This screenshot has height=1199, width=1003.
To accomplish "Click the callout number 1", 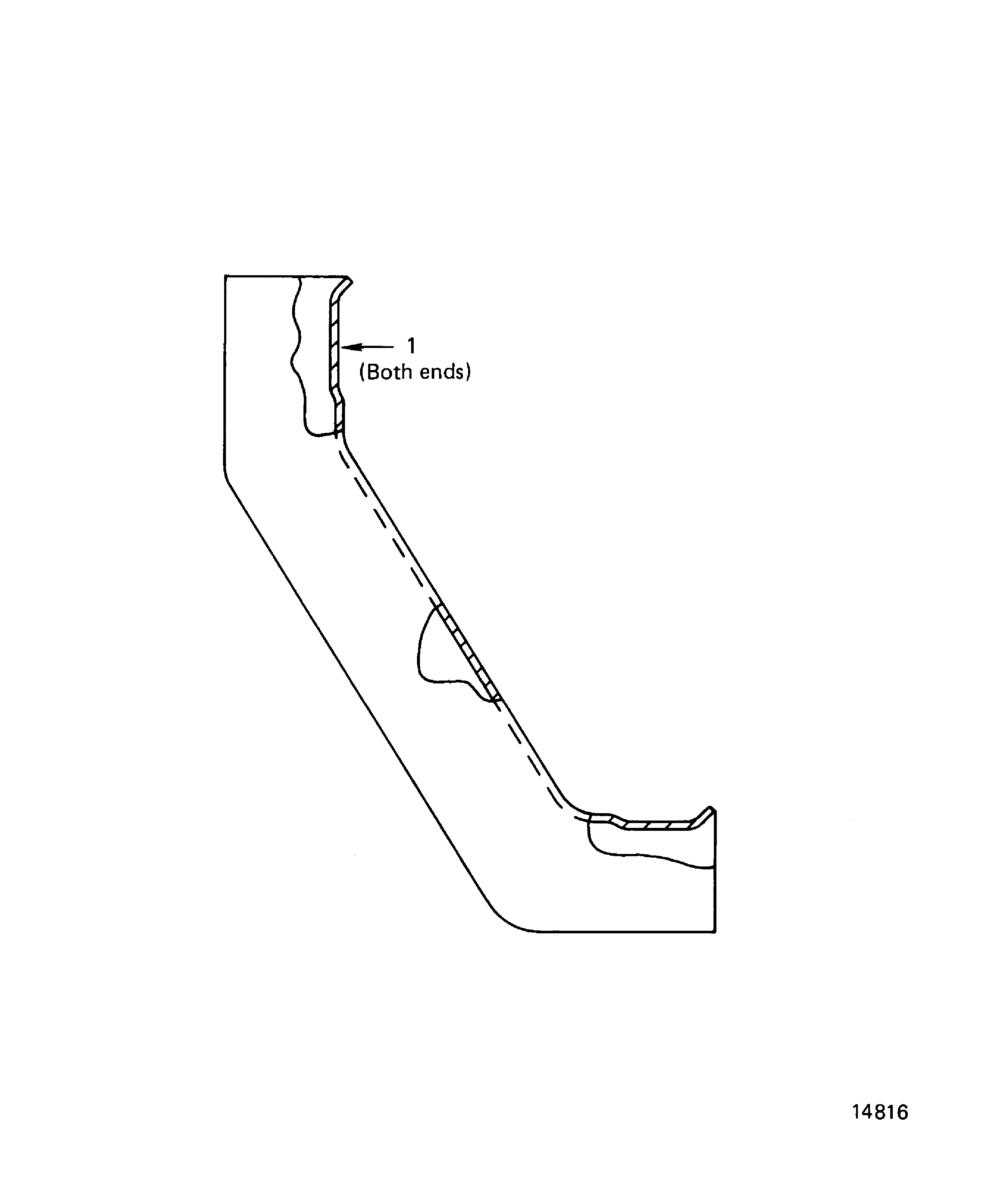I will pyautogui.click(x=411, y=346).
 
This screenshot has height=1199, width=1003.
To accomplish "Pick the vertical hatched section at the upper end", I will pyautogui.click(x=335, y=348).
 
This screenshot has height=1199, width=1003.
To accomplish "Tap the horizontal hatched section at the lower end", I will pyautogui.click(x=657, y=826).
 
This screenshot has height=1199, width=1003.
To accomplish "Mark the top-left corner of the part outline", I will pyautogui.click(x=226, y=276).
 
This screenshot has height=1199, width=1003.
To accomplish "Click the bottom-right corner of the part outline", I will pyautogui.click(x=715, y=932).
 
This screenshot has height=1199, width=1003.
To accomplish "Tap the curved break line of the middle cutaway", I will pyautogui.click(x=423, y=645).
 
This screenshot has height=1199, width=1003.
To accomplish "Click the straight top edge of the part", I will pyautogui.click(x=285, y=276).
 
